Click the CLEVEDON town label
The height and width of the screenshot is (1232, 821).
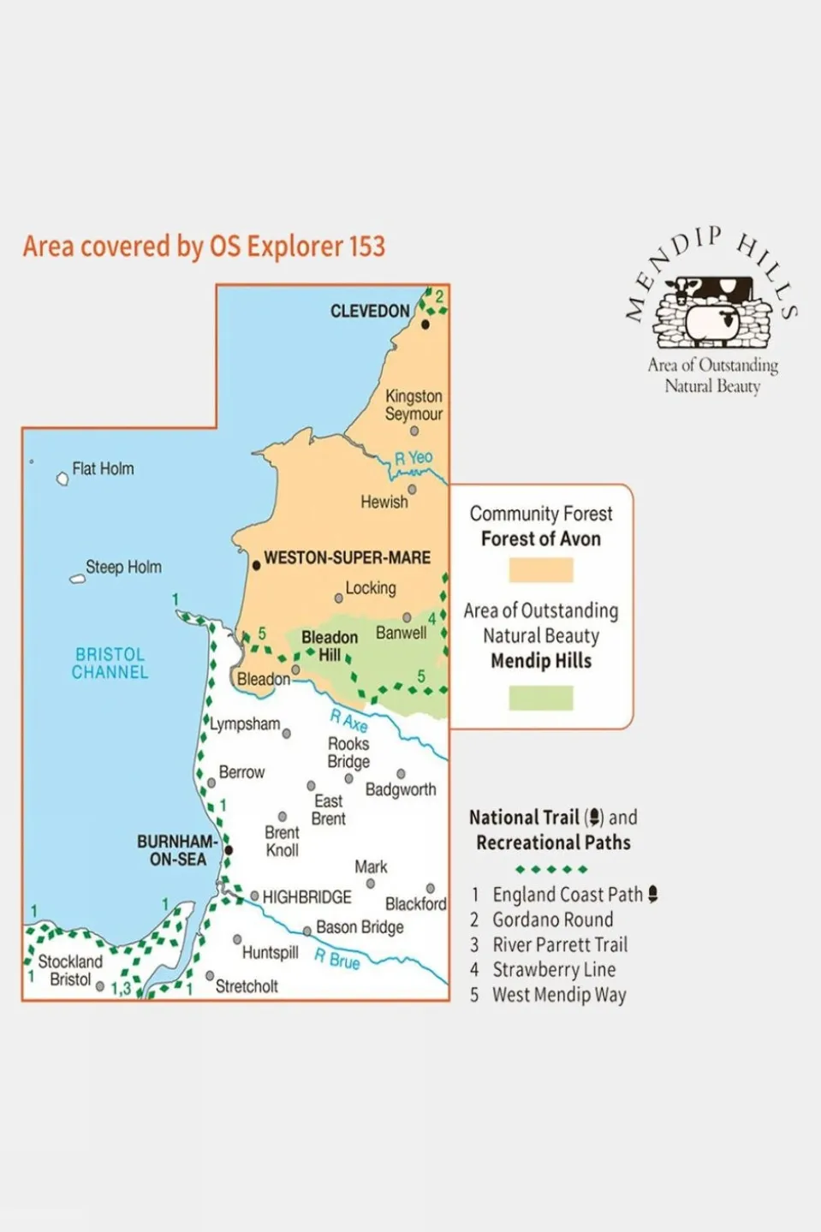(x=370, y=311)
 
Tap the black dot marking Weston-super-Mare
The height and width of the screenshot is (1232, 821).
(x=256, y=565)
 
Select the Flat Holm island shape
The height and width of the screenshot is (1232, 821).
(x=62, y=479)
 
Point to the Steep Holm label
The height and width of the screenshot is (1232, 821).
(x=123, y=567)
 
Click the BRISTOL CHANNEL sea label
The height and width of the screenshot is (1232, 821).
(x=110, y=664)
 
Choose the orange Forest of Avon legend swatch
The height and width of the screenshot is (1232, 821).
(x=540, y=570)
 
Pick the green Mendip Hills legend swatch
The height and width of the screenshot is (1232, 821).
(x=540, y=698)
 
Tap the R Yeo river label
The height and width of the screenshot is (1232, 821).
(x=413, y=458)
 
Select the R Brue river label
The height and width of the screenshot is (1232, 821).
(x=336, y=958)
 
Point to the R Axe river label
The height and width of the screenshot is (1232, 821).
(x=348, y=720)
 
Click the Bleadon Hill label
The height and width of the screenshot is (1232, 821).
(x=330, y=646)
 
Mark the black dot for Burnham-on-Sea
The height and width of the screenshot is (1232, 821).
(x=229, y=850)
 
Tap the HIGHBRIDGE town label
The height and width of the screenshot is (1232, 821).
(x=306, y=897)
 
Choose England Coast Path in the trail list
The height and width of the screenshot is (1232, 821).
(x=567, y=895)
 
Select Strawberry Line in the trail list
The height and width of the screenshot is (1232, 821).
(x=553, y=970)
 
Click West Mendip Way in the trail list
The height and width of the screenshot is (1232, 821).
(x=559, y=995)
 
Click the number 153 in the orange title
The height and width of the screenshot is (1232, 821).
(x=366, y=247)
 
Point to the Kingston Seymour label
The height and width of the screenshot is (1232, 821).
(x=413, y=405)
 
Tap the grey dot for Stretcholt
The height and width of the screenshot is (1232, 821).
(x=210, y=976)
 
